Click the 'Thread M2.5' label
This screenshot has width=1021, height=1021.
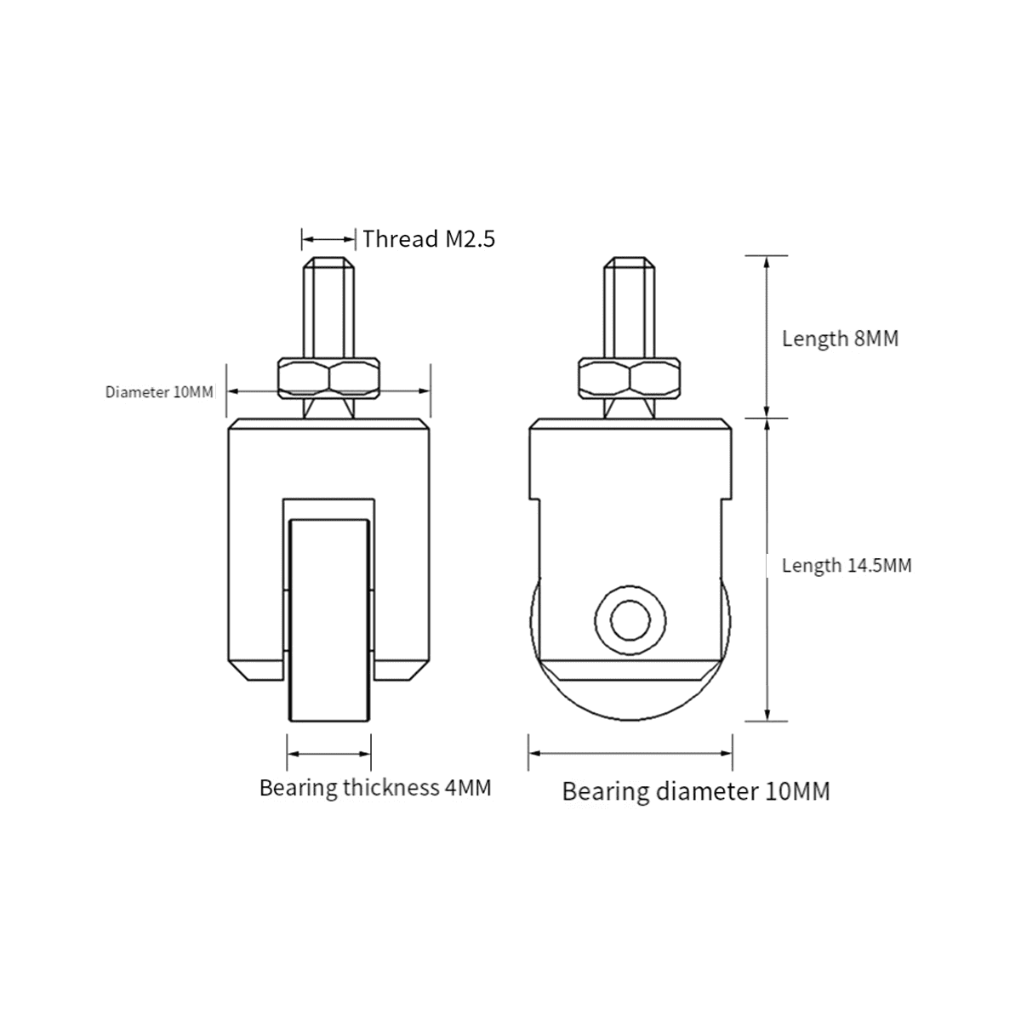coord(428,238)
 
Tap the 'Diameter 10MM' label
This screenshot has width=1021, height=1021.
coord(159,392)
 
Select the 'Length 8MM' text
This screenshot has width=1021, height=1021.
coord(840,339)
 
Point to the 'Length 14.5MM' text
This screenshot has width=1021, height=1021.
coord(847,565)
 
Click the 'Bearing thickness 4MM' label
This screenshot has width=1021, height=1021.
coord(375,788)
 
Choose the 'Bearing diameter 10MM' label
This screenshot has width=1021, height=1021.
coord(695,791)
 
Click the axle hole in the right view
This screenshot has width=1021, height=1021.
coord(630,619)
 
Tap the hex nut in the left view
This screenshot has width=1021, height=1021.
coord(329,379)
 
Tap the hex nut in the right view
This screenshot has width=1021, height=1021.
coord(630,379)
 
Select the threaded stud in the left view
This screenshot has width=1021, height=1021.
coord(329,306)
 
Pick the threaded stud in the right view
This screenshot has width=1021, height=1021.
coord(630,306)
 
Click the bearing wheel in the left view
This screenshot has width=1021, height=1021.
coord(329,621)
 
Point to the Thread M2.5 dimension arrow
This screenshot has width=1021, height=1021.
coord(328,239)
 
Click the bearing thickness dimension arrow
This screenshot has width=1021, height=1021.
coord(329,754)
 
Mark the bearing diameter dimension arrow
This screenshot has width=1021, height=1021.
coord(630,754)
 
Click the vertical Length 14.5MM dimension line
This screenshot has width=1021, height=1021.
coord(767,570)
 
